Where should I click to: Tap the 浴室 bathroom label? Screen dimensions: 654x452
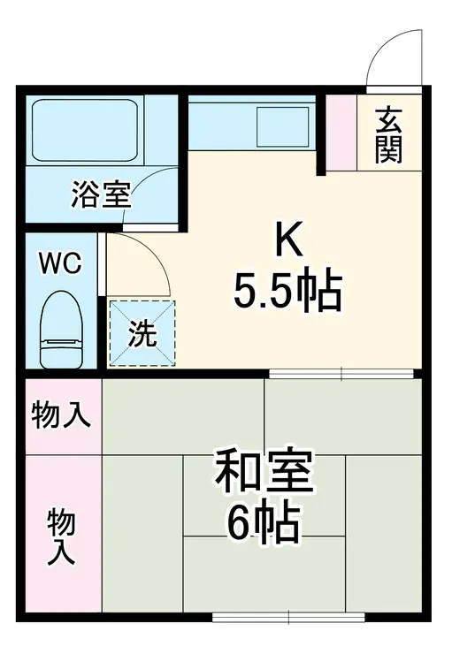pyautogui.click(x=101, y=194)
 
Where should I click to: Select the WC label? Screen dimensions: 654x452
pyautogui.click(x=61, y=262)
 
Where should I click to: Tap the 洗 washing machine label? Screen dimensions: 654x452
pyautogui.click(x=142, y=334)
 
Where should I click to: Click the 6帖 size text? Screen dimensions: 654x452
pyautogui.click(x=263, y=527)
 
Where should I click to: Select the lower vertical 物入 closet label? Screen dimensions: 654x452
pyautogui.click(x=61, y=536)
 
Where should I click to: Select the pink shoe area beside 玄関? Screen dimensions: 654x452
pyautogui.click(x=341, y=132)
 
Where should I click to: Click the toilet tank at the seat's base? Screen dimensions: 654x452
pyautogui.click(x=61, y=350)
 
